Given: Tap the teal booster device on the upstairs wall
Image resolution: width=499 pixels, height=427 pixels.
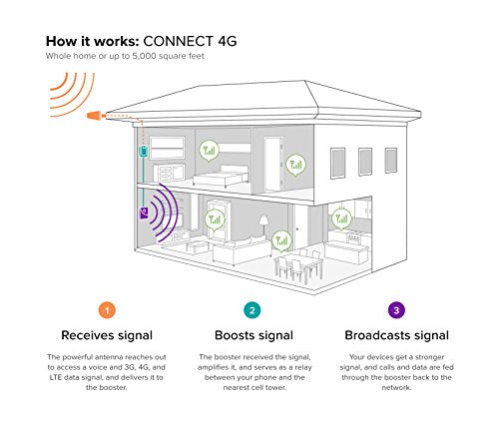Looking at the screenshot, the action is [x=143, y=151].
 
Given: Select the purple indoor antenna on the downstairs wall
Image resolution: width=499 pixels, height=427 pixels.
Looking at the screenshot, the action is [x=144, y=213].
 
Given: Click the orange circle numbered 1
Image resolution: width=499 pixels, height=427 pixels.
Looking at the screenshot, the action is [x=107, y=310].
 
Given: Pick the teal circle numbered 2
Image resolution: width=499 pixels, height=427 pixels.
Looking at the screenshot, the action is [x=252, y=310].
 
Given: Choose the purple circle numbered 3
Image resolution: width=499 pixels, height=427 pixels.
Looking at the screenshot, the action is [x=396, y=310].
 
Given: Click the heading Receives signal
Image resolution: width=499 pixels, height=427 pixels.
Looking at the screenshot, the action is [x=107, y=335].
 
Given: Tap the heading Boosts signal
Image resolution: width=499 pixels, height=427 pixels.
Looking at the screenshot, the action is [x=253, y=335].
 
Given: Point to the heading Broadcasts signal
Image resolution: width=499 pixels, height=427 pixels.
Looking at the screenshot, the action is [x=396, y=335].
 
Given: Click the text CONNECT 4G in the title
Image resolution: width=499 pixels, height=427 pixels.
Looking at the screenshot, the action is [x=190, y=41].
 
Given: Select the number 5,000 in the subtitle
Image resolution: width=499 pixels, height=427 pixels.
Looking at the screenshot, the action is [x=144, y=56].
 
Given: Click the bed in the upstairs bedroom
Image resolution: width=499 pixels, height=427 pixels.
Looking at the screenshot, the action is [x=221, y=176].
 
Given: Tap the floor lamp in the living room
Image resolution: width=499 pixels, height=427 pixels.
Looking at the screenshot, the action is [x=263, y=225].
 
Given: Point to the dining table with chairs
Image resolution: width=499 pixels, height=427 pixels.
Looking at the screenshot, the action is [x=298, y=265].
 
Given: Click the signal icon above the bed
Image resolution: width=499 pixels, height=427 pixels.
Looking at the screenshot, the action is [x=209, y=151].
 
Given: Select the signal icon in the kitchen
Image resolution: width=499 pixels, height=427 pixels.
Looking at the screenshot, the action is [x=341, y=219].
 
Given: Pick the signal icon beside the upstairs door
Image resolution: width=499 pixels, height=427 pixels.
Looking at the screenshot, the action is [x=295, y=165].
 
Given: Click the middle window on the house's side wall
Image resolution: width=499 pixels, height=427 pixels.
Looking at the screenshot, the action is [x=365, y=162].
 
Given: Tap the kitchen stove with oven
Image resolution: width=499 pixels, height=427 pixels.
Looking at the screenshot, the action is [x=354, y=237].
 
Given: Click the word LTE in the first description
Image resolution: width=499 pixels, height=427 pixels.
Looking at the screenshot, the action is [x=55, y=377].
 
